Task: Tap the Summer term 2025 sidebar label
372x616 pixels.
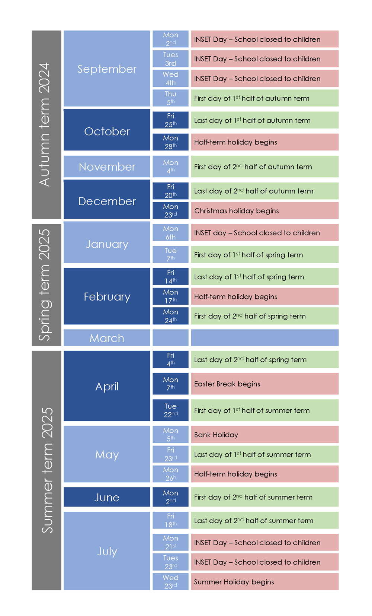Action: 46,470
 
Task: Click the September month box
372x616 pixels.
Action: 107,69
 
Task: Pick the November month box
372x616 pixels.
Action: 107,166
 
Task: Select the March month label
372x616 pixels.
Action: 107,338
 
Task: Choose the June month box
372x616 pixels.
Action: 107,497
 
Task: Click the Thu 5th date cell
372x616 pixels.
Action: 171,98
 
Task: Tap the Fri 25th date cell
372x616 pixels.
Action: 171,120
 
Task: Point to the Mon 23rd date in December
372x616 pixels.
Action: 171,210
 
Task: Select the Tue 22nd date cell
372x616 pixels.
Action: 171,410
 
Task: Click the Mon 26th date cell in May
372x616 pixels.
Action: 171,474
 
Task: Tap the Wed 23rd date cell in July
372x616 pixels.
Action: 171,581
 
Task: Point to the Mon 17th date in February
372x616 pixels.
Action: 171,296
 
